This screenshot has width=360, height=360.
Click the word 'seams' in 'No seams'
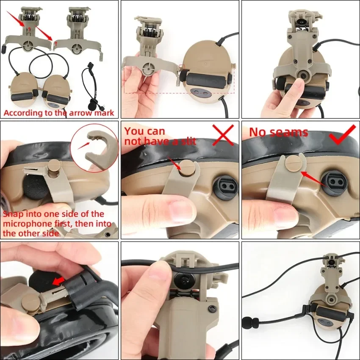pyautogui.click(x=290, y=133)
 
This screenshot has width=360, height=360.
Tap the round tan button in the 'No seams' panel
pyautogui.click(x=292, y=163)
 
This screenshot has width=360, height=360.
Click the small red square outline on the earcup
pyautogui.click(x=182, y=68)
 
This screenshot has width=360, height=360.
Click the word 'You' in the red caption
pyautogui.click(x=133, y=131)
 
